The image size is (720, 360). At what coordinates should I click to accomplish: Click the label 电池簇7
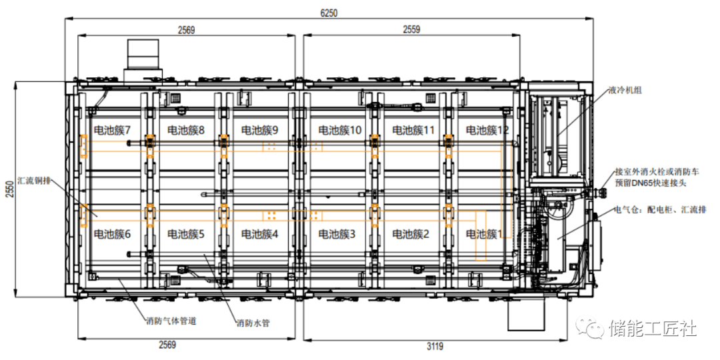pyautogui.click(x=111, y=131)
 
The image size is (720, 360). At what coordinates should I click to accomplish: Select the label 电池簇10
pyautogui.click(x=339, y=131)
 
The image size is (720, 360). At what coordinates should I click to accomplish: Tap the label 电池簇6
pyautogui.click(x=111, y=234)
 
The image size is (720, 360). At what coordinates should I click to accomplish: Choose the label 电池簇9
pyautogui.click(x=260, y=131)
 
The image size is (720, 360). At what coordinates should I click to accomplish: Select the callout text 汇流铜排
pyautogui.click(x=35, y=179)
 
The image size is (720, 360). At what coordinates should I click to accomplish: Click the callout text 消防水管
pyautogui.click(x=253, y=323)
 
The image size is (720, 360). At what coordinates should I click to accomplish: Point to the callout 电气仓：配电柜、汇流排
pyautogui.click(x=661, y=210)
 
